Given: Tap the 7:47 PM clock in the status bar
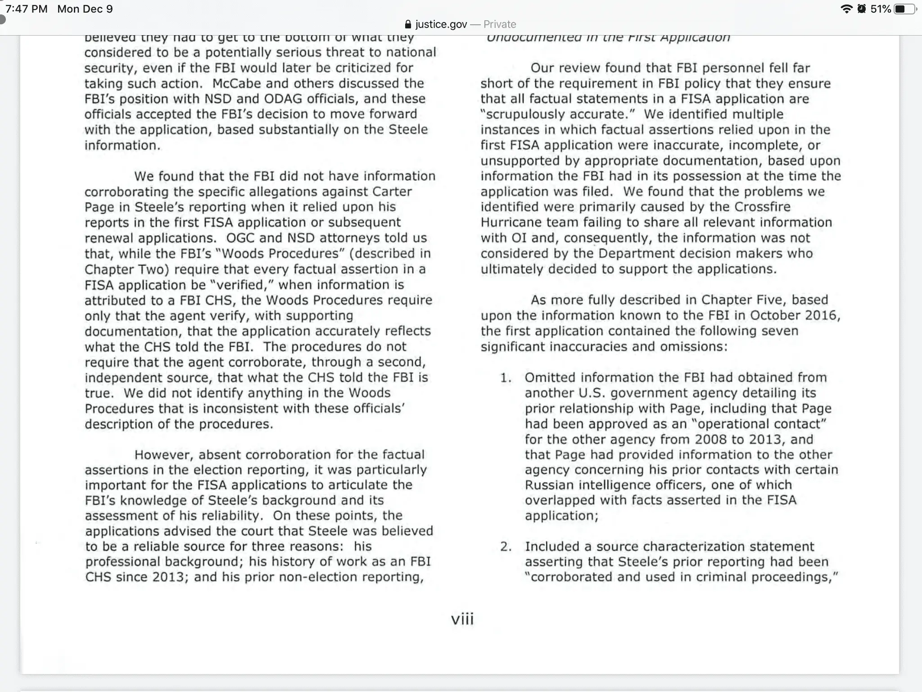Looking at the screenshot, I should point(26,9).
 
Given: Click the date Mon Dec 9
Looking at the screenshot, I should point(85,9).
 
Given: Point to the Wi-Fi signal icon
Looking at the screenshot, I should point(846,9).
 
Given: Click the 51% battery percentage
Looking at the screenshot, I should point(881,9).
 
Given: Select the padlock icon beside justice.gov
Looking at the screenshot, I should point(408,24).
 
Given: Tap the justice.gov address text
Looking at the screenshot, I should point(441,24).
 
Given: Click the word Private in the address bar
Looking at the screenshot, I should point(500,24).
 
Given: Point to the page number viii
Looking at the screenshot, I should point(462,619).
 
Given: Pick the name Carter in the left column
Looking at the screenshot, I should point(392,191).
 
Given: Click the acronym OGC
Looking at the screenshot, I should point(241,238).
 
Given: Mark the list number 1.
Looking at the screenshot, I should point(506,378).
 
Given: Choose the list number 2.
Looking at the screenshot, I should point(506,546).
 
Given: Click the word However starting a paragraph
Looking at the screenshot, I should point(163,455).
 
